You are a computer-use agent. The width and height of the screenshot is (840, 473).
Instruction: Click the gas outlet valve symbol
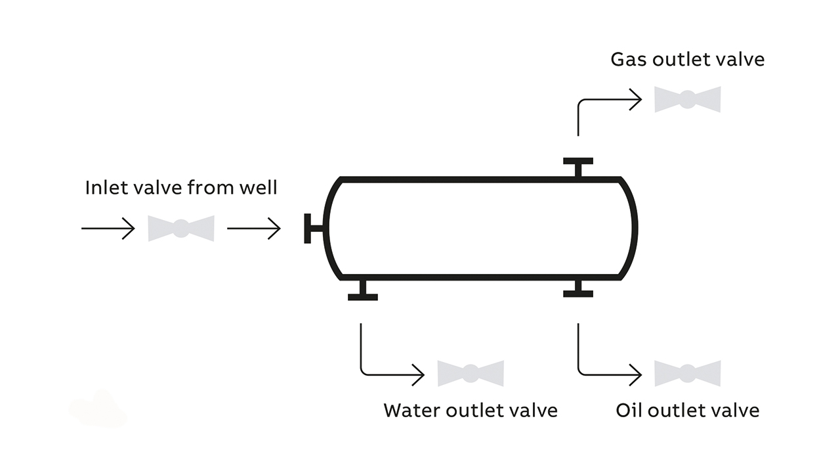687,99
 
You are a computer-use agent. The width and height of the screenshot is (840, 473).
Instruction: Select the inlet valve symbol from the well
180,229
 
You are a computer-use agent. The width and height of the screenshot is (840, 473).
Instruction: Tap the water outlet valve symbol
471,373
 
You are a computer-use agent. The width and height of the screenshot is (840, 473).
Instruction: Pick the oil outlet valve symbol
687,373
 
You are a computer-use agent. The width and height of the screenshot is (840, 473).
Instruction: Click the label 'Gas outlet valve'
687,60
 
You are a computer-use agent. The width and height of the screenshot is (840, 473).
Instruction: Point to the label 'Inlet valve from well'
181,188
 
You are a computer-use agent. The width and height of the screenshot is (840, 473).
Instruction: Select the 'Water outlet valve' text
471,411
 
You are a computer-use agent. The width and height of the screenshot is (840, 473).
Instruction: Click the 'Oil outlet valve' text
687,411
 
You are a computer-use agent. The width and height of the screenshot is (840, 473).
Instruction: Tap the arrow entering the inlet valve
108,229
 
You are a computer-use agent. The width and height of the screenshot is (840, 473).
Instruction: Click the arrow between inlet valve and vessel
253,229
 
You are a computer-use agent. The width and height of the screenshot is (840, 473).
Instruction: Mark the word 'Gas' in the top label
626,60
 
